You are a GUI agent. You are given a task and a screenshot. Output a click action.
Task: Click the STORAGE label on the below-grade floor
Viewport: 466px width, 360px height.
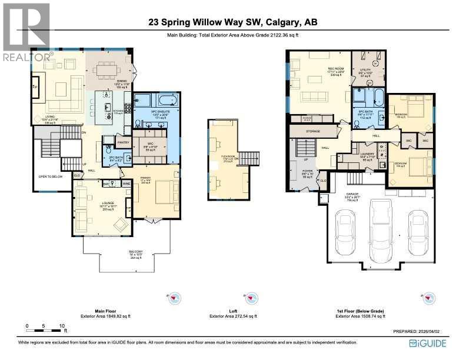pyautogui.click(x=312, y=131)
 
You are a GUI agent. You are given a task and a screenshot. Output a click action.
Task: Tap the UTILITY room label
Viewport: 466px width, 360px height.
pyautogui.click(x=365, y=69)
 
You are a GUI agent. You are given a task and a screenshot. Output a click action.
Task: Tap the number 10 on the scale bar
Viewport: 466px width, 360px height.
pyautogui.click(x=61, y=325)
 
